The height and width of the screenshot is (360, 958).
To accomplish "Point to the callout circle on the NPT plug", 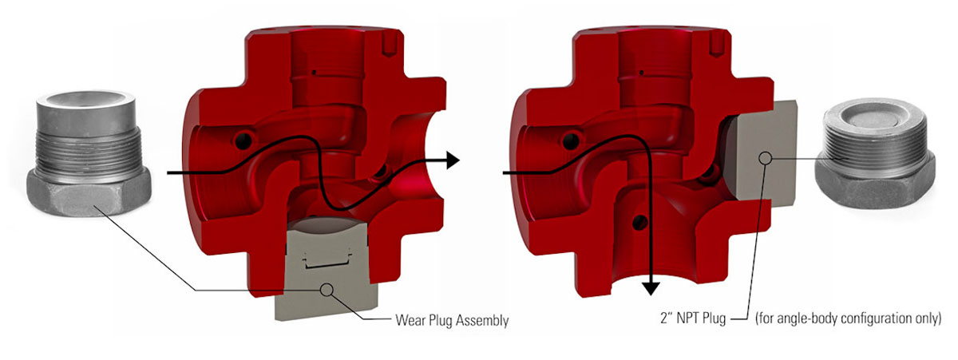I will coord(766,158).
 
